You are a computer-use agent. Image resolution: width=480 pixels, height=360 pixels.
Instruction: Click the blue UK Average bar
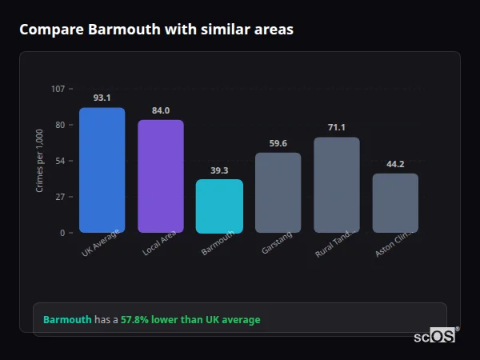(102, 170)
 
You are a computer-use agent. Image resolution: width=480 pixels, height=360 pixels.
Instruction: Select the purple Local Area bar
(161, 177)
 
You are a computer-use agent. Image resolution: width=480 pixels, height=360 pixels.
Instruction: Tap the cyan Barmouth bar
(219, 206)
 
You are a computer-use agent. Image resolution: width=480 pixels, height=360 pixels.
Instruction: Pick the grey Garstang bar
(278, 193)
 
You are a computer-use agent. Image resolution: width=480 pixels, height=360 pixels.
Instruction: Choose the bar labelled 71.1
(337, 185)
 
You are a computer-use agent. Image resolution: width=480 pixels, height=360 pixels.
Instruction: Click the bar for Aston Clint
(395, 203)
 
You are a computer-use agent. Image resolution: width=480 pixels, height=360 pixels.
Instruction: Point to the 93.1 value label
(102, 98)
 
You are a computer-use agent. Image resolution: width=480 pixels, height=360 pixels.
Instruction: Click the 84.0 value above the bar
(161, 110)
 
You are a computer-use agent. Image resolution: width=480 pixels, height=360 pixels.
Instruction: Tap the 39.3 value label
(219, 170)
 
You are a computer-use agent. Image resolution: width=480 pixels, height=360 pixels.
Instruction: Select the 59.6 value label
(278, 143)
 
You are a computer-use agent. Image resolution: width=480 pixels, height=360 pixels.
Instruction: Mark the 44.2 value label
(395, 164)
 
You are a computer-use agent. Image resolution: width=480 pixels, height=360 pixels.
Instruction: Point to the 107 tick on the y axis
(58, 89)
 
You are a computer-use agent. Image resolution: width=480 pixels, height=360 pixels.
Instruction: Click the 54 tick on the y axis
(60, 161)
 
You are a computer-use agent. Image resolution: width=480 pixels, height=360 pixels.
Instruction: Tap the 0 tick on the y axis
(62, 233)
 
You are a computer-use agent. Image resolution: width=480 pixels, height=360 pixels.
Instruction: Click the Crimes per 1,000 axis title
(40, 161)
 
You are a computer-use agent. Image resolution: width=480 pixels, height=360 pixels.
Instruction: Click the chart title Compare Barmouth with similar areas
(156, 30)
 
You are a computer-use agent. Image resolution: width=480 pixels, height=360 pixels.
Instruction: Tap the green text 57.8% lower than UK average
(190, 320)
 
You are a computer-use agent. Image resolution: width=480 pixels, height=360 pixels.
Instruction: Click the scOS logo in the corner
(435, 337)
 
